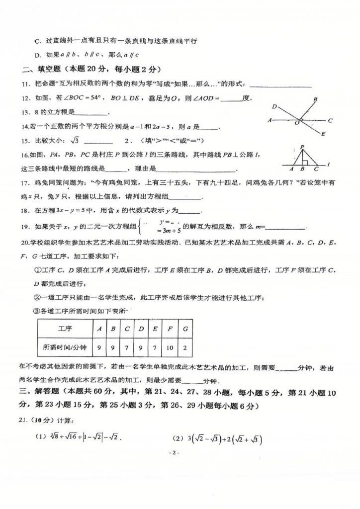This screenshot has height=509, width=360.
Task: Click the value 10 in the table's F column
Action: (x=172, y=347)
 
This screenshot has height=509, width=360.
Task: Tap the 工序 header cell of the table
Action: (x=65, y=329)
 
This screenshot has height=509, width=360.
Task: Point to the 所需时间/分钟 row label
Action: (x=65, y=347)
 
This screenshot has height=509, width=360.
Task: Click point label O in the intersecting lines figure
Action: (x=297, y=122)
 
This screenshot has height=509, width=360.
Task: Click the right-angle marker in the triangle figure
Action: (x=305, y=162)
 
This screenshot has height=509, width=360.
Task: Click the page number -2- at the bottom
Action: (x=174, y=453)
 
